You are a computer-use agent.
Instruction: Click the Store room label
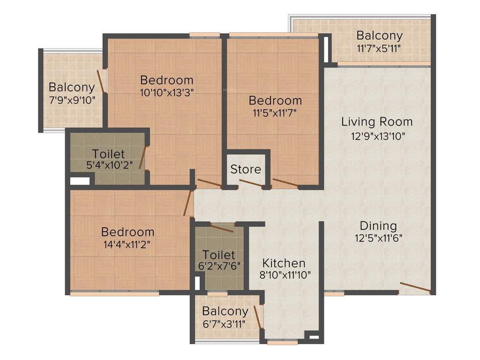click(246, 169)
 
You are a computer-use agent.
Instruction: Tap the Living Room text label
click(377, 122)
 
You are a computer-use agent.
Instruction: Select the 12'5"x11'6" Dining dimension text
click(379, 238)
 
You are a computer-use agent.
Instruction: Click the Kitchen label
click(284, 263)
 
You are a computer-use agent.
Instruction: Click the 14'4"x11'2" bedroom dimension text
click(127, 244)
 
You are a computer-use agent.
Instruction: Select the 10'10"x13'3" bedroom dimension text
click(166, 92)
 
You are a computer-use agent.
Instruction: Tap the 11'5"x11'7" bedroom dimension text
click(275, 112)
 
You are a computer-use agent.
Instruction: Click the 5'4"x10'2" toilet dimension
click(109, 165)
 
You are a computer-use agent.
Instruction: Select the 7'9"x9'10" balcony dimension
click(72, 99)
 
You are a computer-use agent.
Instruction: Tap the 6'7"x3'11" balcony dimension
click(225, 323)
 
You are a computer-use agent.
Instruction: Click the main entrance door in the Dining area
click(414, 288)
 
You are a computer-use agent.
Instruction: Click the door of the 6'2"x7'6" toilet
click(222, 228)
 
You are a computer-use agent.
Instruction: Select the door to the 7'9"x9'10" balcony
click(101, 81)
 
